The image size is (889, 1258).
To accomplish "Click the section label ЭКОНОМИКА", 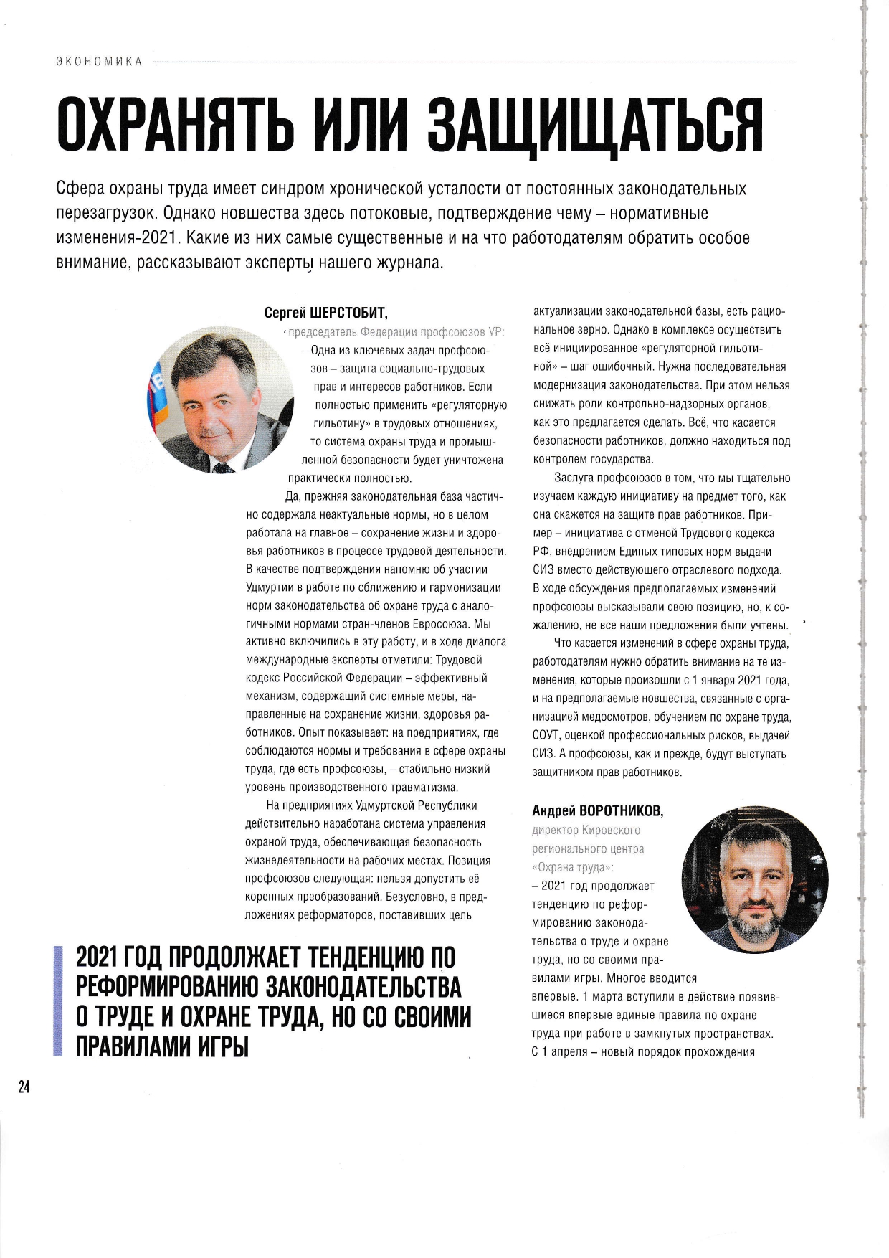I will pos(99,62).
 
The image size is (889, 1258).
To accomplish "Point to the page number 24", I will pos(24,1087).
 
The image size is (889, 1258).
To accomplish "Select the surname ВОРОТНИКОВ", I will pos(621,811).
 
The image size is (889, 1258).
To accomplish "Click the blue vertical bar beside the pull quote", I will pos(57,1001).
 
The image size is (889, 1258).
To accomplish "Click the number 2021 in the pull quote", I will pos(98,957).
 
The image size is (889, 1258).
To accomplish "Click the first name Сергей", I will pos(285,313).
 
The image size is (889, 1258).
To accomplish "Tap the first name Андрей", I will pos(553,811).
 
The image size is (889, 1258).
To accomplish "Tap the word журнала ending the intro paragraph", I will pos(411,263).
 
